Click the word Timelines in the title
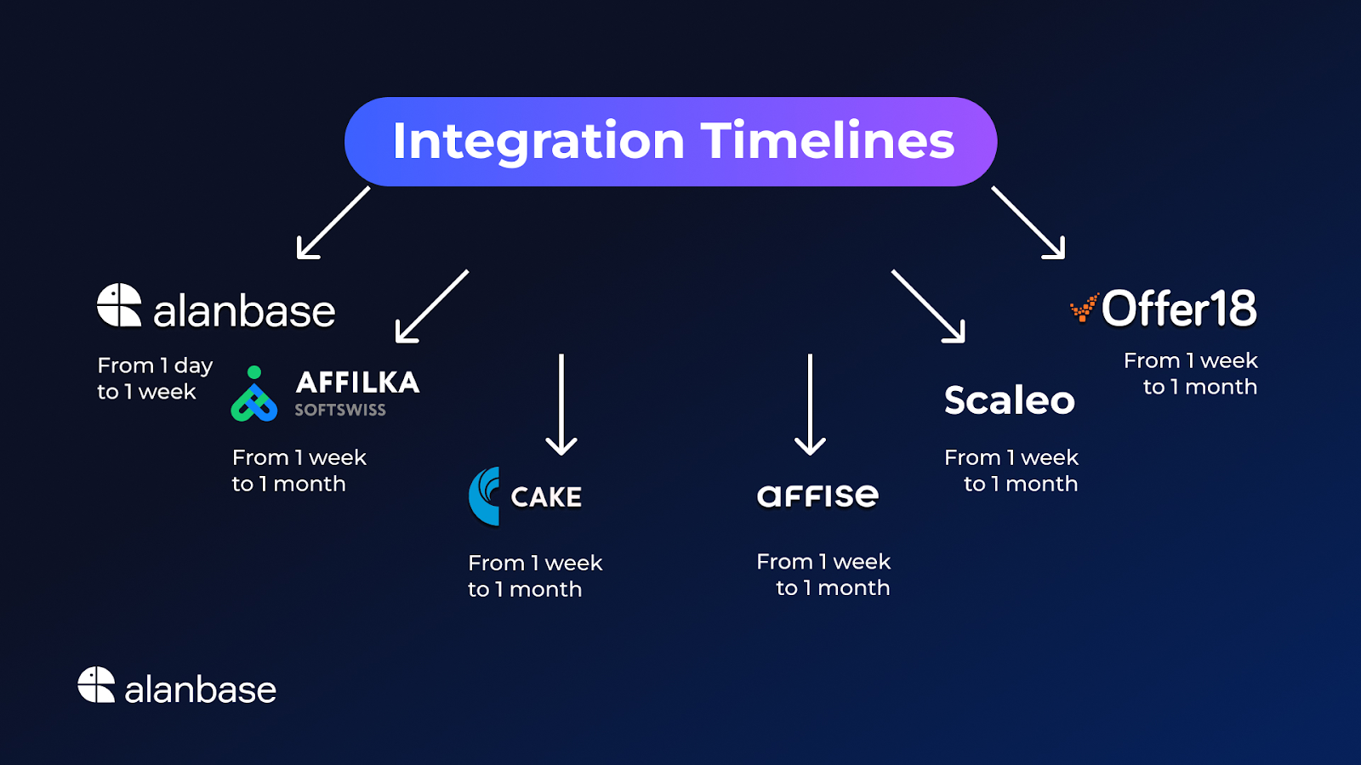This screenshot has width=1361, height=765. coord(829,140)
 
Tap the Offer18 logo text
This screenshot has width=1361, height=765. coord(1179,308)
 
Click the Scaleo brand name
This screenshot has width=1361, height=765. coord(1010,400)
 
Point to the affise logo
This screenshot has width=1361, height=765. coord(817,496)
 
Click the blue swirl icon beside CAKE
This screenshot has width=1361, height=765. coord(484,496)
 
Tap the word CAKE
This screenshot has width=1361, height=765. coord(546,497)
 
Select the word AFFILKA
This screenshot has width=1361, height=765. coord(357,382)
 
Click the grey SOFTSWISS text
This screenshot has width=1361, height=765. coord(340,410)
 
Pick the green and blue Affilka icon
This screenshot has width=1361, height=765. coord(254,394)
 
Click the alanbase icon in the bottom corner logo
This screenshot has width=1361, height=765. coord(96,685)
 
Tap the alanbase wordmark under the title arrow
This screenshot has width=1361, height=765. coord(244,311)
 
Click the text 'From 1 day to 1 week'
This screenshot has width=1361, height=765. coord(155,378)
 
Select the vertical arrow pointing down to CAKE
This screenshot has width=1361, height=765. coord(561,405)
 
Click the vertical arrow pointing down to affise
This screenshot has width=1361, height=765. coord(810,405)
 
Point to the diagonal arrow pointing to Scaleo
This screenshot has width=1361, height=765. coord(928,306)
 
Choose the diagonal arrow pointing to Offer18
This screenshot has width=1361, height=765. coord(1028,222)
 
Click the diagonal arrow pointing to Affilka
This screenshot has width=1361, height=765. coord(432,306)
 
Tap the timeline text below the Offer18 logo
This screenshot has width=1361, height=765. coord(1191,373)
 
